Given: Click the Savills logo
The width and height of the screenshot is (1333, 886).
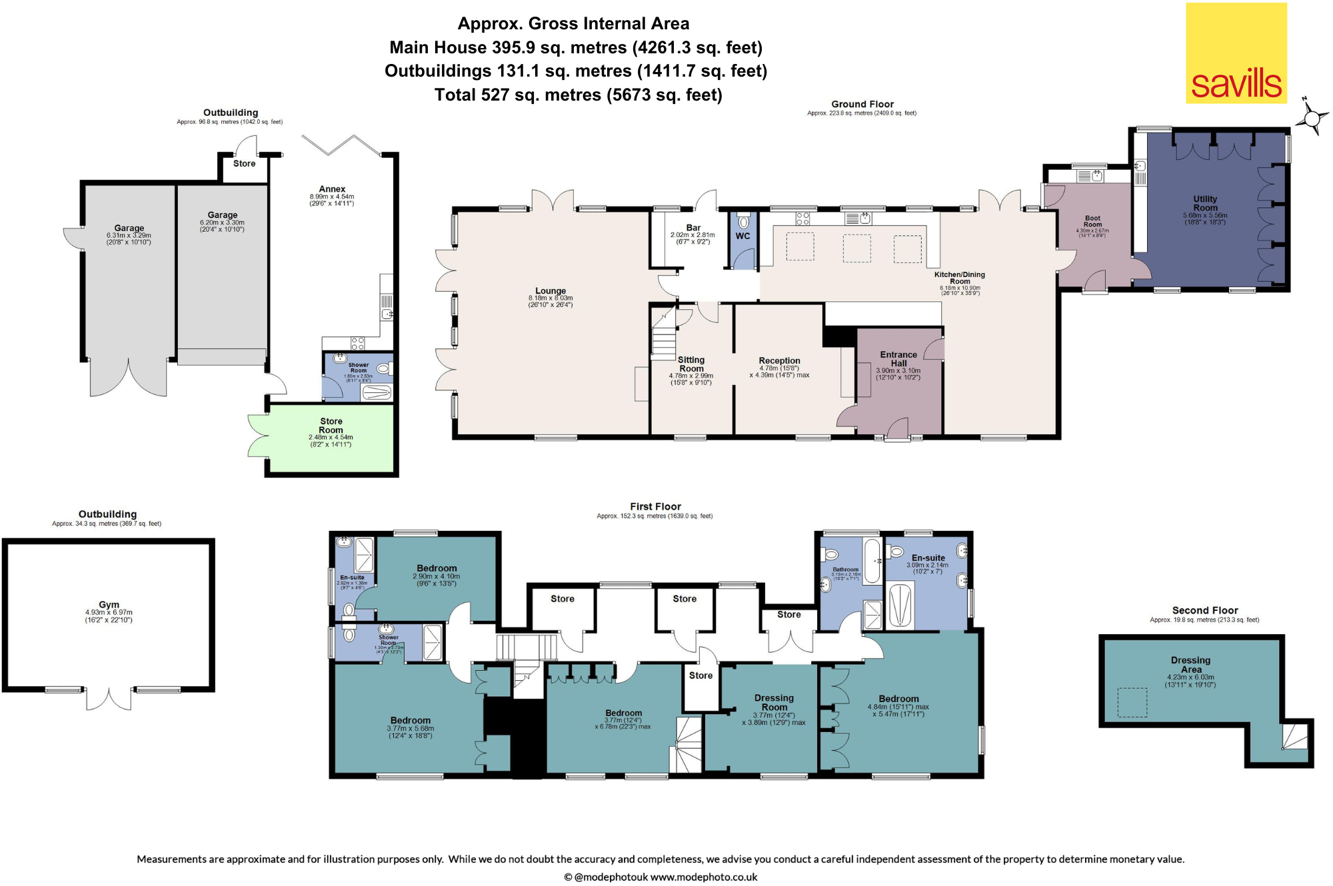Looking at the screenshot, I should [x=1236, y=53].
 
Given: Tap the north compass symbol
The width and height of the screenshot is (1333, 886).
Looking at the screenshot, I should [x=1311, y=118].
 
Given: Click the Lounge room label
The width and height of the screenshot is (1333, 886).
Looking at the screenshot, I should [x=551, y=291].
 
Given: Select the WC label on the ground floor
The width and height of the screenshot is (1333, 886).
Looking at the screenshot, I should [x=742, y=236].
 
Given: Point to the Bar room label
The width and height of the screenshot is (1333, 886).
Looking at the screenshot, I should [x=693, y=228].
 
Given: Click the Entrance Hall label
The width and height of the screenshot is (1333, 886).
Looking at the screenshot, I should [x=898, y=359].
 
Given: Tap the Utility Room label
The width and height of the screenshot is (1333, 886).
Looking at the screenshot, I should [x=1205, y=203].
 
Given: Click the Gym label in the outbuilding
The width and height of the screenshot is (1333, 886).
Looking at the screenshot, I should [x=109, y=605].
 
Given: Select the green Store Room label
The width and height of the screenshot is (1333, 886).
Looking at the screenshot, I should [x=331, y=425].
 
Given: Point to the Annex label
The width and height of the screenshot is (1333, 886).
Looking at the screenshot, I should [x=332, y=189].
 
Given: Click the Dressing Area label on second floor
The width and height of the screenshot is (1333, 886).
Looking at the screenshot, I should [x=1190, y=665].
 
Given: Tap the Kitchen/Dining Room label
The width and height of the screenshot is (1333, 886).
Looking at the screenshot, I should [x=959, y=278].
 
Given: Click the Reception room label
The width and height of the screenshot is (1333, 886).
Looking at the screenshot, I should [x=779, y=360].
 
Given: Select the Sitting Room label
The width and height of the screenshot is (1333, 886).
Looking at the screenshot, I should [x=691, y=364].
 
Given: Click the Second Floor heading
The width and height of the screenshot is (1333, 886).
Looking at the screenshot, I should [x=1205, y=610].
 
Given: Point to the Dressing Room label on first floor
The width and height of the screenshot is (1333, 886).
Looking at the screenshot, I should [x=774, y=702].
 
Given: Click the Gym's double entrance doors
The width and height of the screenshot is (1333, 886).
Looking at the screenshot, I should [x=109, y=698].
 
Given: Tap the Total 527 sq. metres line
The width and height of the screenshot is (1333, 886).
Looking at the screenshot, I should [x=578, y=95].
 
